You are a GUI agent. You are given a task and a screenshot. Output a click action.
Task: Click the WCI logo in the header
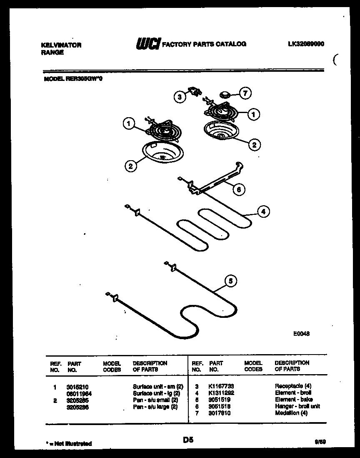click(147, 43)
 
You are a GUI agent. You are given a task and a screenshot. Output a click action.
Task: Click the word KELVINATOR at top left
click(62, 45)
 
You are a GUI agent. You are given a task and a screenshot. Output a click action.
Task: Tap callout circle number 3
click(179, 97)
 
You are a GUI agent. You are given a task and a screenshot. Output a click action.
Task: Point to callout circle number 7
click(245, 94)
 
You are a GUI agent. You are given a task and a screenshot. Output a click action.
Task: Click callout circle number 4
click(262, 212)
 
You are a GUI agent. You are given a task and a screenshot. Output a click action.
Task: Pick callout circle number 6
click(239, 189)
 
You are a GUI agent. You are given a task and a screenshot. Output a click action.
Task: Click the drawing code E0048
click(302, 334)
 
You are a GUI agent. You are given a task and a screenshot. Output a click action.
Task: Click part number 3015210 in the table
click(78, 387)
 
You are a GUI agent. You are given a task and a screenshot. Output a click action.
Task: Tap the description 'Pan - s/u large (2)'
click(155, 407)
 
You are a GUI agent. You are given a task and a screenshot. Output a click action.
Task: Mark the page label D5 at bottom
click(188, 440)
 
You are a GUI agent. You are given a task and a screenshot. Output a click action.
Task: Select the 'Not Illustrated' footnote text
click(69, 444)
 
